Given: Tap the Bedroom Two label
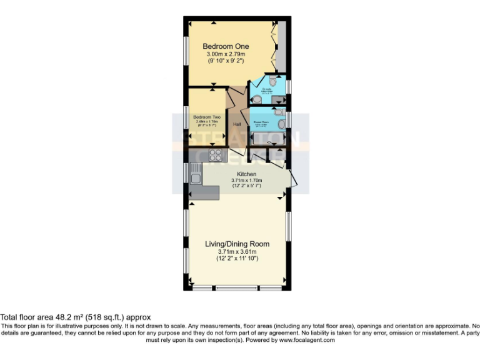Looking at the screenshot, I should pos(206,117).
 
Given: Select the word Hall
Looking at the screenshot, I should pos(237,124).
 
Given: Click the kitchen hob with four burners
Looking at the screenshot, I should pos(216,154).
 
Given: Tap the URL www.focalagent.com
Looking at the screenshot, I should pos(306,341).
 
